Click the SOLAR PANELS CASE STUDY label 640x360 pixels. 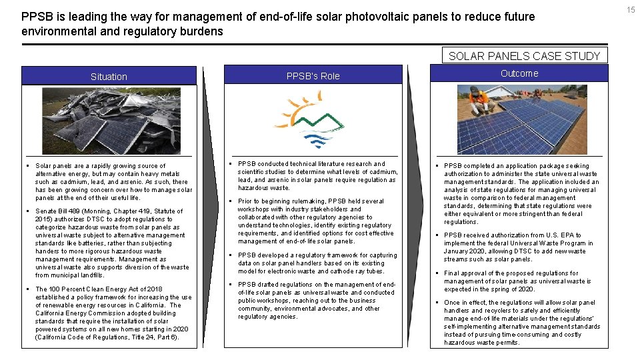[x=524, y=56]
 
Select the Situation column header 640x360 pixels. [x=109, y=77]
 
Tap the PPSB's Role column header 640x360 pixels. [x=313, y=76]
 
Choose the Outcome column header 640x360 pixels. [x=519, y=73]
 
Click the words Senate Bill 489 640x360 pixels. [x=59, y=211]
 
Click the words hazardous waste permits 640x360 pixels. [x=481, y=343]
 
